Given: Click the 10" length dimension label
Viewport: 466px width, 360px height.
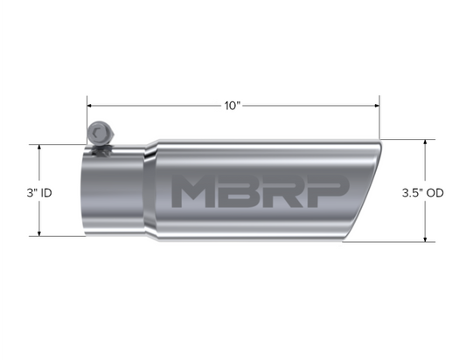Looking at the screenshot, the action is tap(232, 106).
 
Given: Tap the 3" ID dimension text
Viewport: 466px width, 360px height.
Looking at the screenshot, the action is tap(39, 193).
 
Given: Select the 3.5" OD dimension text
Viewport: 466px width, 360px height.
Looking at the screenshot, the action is tap(422, 193).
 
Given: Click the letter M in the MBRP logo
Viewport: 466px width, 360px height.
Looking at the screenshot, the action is tap(192, 190).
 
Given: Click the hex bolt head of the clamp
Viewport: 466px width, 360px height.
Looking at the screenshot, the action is tap(101, 134).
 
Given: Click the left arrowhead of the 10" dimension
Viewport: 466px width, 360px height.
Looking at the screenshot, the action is tap(89, 106).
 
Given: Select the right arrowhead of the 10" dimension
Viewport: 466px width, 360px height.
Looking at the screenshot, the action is tap(378, 106).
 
